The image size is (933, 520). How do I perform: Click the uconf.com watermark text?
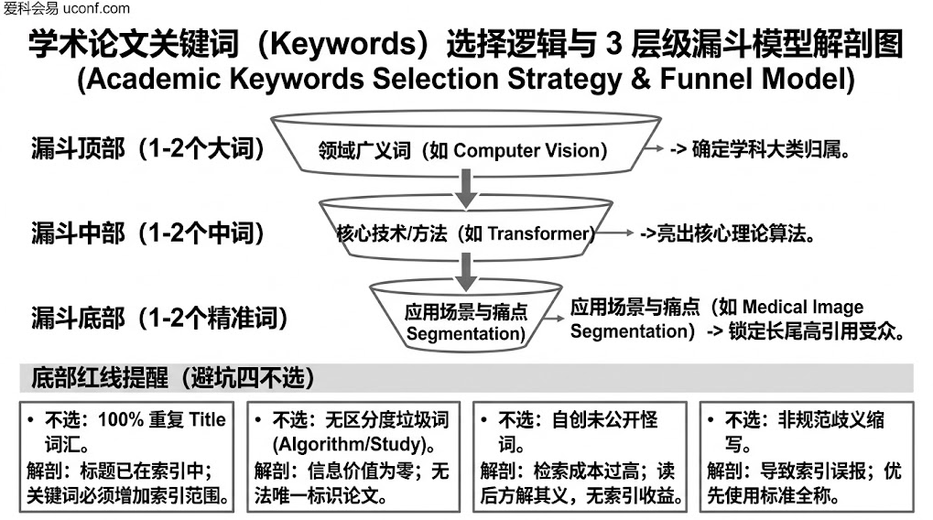96,8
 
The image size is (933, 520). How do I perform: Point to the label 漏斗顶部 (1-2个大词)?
148,148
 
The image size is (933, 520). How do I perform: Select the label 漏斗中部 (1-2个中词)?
148,233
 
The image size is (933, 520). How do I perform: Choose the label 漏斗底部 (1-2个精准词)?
159,318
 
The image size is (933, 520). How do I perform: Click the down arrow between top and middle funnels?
466,189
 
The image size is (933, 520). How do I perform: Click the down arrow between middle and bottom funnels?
466,272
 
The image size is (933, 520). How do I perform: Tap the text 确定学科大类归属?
765,149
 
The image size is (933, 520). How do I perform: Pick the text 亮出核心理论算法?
731,233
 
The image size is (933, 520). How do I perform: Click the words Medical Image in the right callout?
803,307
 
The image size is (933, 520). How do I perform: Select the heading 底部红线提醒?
100,378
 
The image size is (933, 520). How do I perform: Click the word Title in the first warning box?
207,419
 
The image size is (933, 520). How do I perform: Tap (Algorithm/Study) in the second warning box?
349,444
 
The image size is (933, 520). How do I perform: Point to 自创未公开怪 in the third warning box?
604,419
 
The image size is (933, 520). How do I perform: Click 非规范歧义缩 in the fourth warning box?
830,419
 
